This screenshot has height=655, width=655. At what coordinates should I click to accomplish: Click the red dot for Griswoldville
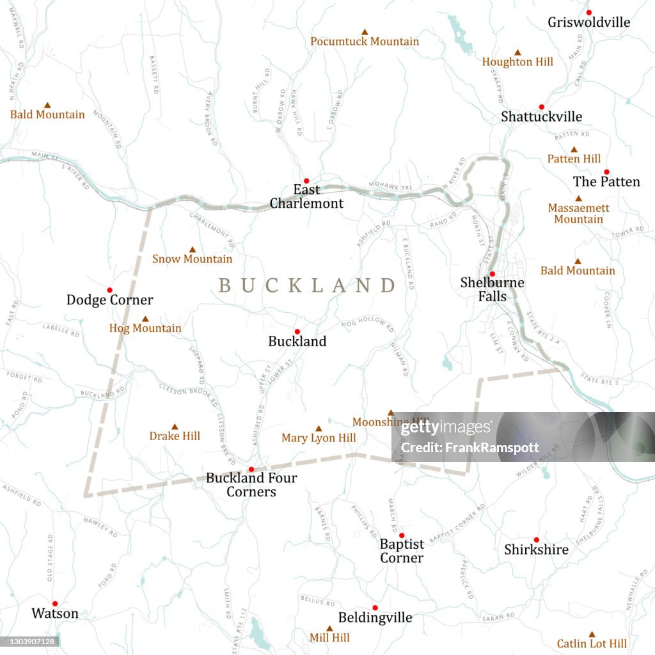coord(589,12)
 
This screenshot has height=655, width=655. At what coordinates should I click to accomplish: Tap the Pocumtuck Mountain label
coord(365,42)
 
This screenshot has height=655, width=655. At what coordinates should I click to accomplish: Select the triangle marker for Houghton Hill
coord(517,52)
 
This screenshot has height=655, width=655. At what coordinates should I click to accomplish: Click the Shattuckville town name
coord(541,116)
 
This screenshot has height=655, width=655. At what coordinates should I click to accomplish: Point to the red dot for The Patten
coord(606,171)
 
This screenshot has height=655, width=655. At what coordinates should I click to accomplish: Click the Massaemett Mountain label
coord(578,214)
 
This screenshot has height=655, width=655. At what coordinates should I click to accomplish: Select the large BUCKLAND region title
coord(308,285)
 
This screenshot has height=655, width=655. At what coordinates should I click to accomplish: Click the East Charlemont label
coord(306,197)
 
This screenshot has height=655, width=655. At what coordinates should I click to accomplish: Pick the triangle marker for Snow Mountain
coord(192,249)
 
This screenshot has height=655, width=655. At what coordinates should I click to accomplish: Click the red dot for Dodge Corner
coord(109,290)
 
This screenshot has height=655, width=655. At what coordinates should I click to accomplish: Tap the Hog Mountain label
coord(145,328)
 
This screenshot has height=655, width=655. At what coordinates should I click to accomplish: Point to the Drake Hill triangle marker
coord(175,427)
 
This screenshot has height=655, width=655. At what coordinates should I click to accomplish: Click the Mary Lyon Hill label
coord(319,438)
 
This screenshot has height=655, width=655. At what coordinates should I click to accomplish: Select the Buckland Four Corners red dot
coord(251,469)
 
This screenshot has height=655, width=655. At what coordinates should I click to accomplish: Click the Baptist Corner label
coord(402,551)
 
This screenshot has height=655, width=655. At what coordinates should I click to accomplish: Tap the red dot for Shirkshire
coord(536,539)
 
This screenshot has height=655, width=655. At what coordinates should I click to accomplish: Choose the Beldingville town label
coord(375,618)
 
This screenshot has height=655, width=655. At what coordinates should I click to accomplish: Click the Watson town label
coord(55,613)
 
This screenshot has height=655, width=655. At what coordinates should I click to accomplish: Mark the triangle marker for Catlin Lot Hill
coord(592,634)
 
